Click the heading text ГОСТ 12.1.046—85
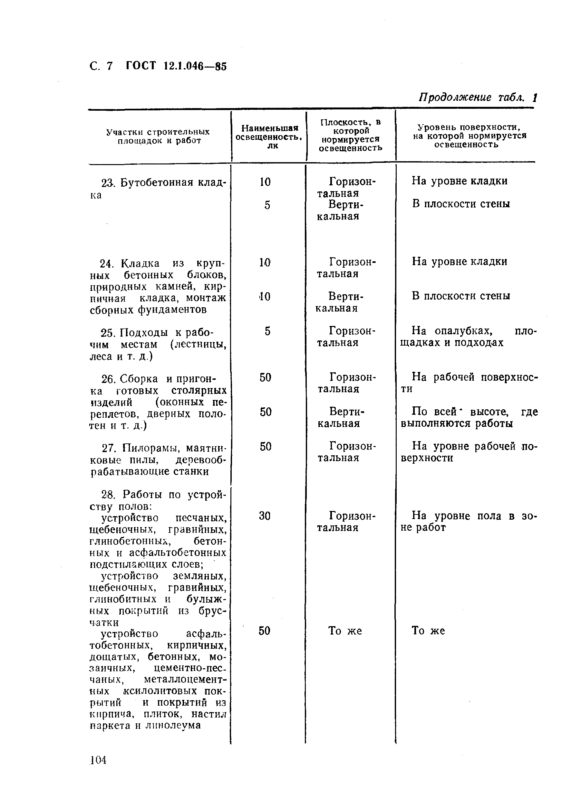(176, 66)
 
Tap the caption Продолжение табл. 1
(478, 97)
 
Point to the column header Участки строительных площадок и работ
(158, 136)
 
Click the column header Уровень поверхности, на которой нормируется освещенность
(470, 136)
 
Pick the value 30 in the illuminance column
(265, 516)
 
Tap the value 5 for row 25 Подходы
(267, 331)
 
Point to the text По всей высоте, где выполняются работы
(469, 418)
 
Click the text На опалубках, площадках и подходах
(469, 337)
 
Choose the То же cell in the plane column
(345, 631)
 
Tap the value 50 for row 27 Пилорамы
(266, 447)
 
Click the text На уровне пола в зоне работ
(469, 521)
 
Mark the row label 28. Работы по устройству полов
(157, 500)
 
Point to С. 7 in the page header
(101, 66)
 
